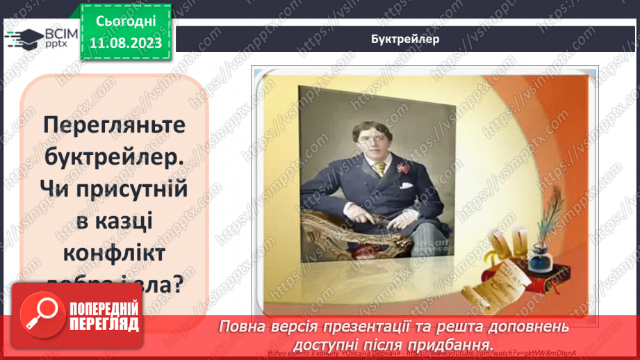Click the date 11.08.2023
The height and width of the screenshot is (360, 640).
point(126,43)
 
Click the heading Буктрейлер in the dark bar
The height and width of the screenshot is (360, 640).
point(405,39)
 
